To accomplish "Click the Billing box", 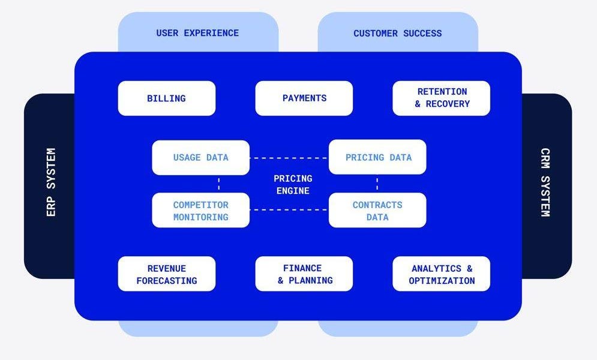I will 166,98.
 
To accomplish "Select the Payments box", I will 304,98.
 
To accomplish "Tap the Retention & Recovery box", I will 442,98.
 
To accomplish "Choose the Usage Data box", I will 200,158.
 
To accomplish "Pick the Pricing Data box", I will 378,158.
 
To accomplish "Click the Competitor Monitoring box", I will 200,211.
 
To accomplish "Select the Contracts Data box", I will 377,211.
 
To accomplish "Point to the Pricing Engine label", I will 293,185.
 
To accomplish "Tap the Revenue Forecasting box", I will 166,274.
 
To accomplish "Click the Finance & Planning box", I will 304,274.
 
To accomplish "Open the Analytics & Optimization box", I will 442,274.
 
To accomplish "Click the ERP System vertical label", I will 50,182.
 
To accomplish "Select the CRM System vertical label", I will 545,182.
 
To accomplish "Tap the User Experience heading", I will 197,33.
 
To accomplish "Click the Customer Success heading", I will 397,33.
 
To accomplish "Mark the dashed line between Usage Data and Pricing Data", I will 289,158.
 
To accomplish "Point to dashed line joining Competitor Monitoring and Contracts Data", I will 289,210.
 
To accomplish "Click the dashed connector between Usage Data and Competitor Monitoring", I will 219,184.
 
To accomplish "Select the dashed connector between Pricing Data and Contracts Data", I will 377,183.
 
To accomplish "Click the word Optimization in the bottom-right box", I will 442,281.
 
